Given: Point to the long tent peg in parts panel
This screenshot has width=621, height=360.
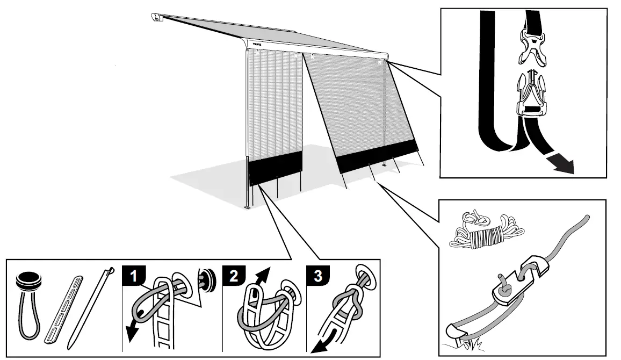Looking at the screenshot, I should click(91, 309).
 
